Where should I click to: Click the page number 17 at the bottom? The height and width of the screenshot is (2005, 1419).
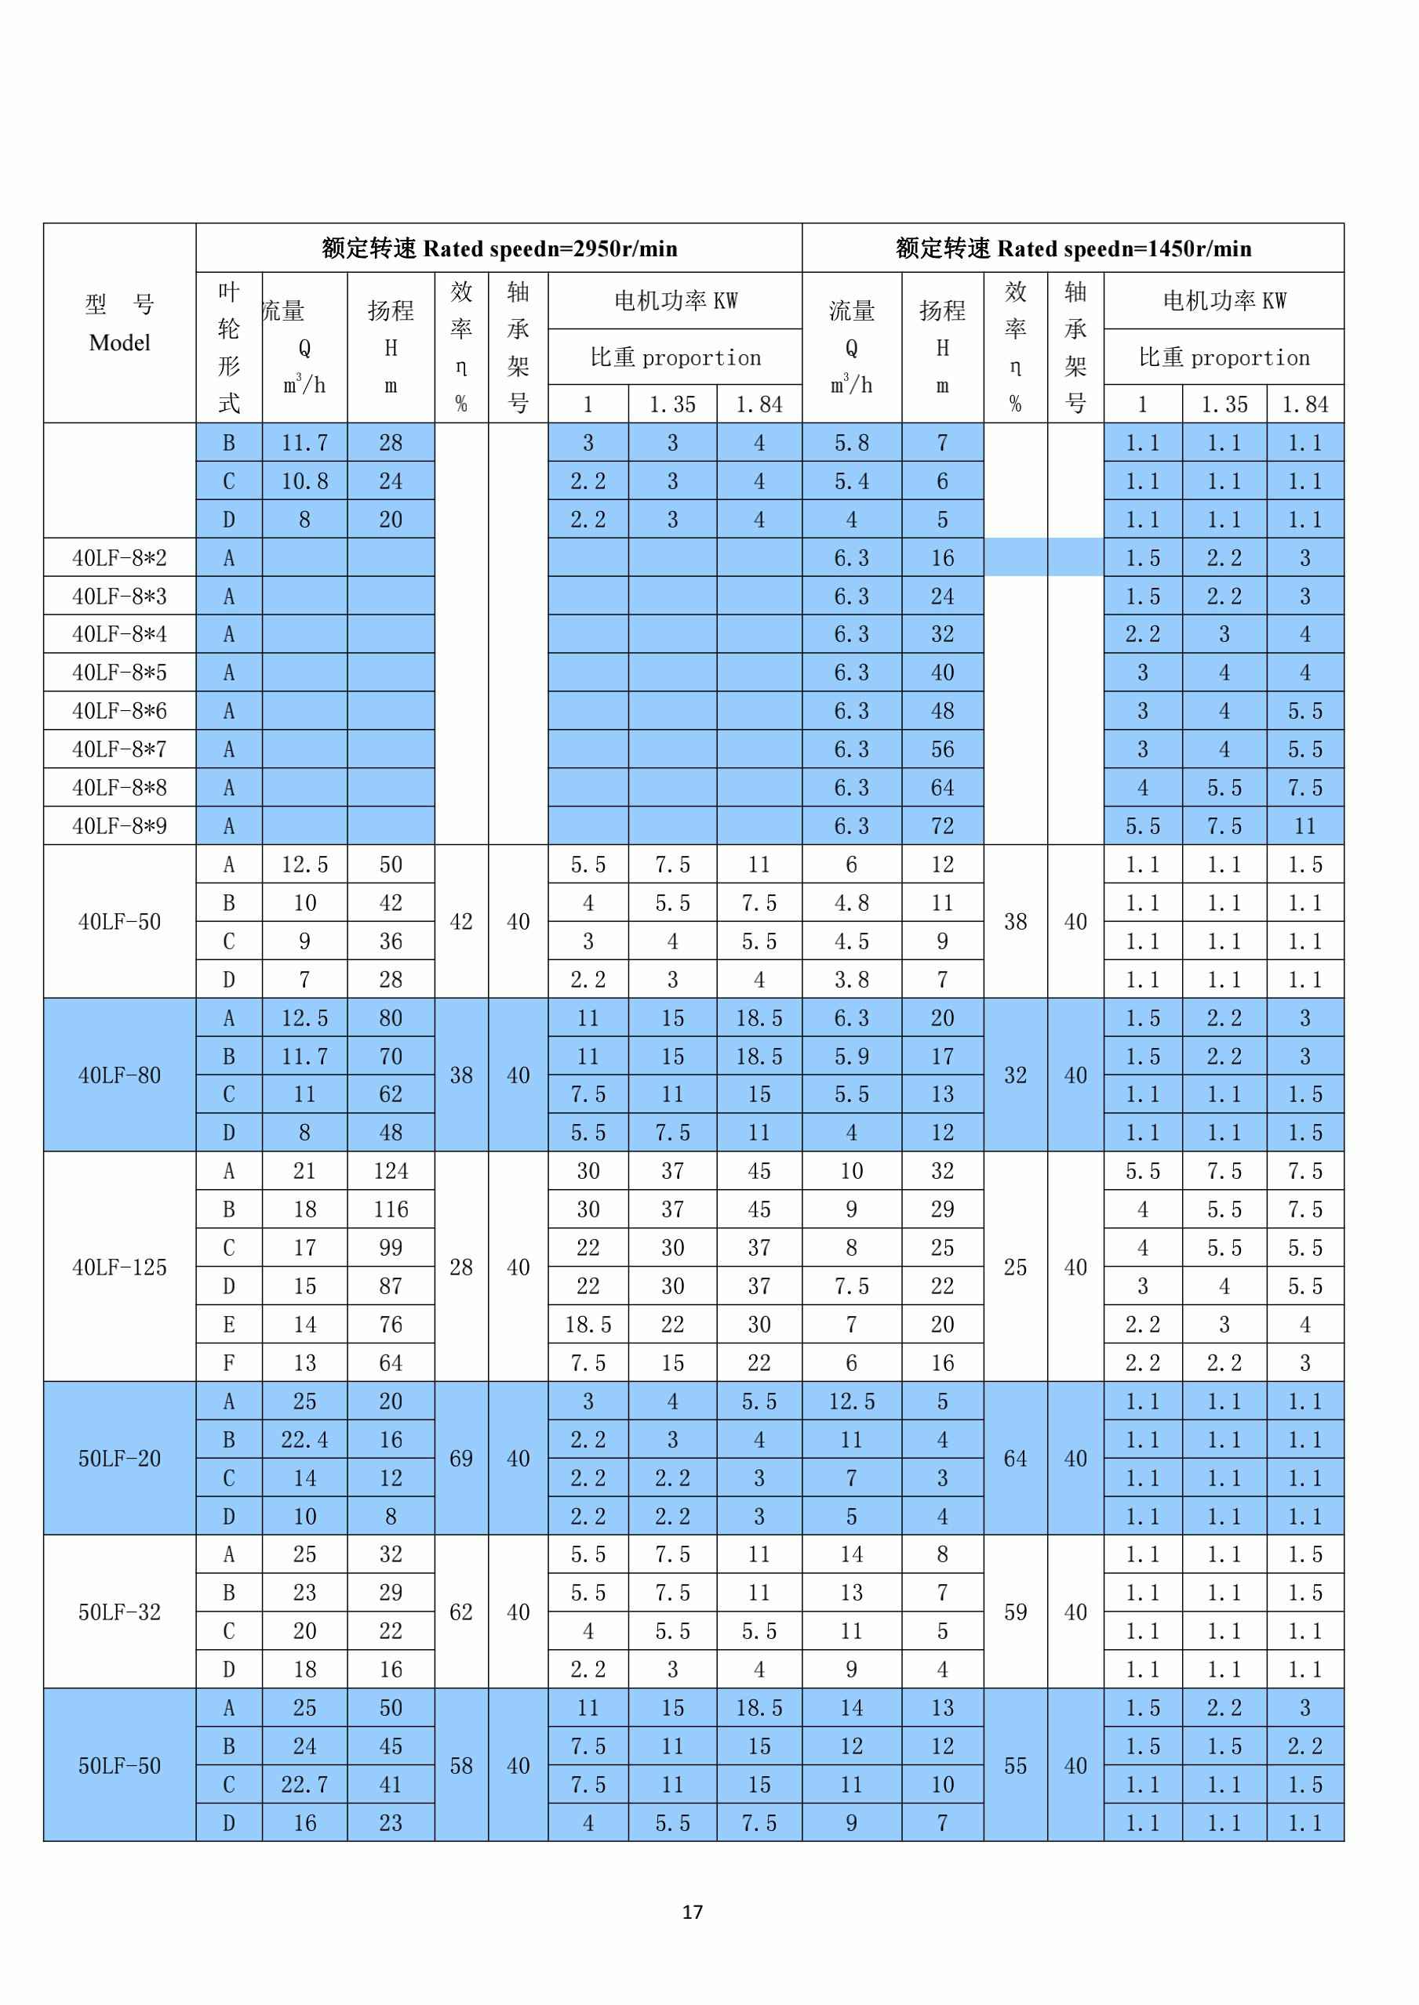[692, 1912]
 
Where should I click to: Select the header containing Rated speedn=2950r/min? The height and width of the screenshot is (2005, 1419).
[499, 249]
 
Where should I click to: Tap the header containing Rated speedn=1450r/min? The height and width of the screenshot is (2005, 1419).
[1073, 249]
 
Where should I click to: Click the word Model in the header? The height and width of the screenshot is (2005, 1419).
[120, 343]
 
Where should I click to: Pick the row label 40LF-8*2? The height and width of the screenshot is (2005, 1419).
[120, 558]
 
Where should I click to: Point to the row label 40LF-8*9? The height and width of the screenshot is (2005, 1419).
[120, 826]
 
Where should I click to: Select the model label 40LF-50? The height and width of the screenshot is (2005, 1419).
[120, 923]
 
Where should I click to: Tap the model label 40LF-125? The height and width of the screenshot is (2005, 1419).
[120, 1267]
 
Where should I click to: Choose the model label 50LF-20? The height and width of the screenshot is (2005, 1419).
[120, 1459]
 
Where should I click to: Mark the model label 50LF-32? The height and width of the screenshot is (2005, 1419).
[120, 1612]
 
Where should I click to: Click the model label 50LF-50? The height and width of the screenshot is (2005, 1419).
[120, 1766]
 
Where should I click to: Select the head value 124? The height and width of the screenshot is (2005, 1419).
[391, 1171]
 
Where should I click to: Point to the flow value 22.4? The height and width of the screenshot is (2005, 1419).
[304, 1439]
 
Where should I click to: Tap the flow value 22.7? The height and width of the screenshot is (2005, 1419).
[304, 1785]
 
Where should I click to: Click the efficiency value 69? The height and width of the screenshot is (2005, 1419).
[460, 1459]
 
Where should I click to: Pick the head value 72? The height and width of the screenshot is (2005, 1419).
[942, 826]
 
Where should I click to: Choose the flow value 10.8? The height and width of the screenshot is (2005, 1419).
[304, 481]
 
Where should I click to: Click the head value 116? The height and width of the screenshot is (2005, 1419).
[391, 1209]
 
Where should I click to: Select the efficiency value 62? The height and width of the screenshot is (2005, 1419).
[460, 1612]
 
